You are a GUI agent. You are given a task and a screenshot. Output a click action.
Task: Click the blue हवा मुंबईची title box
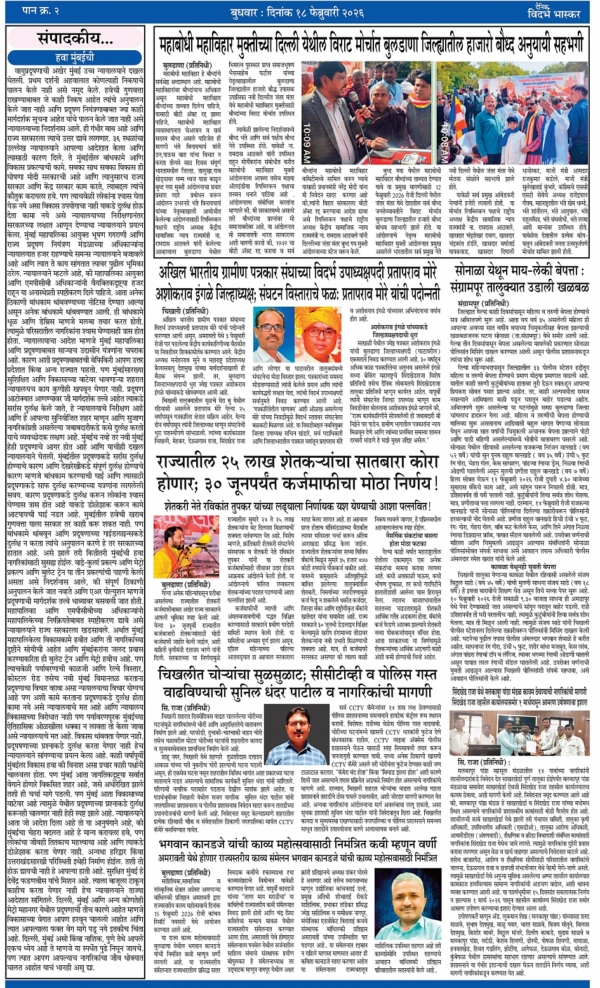click(x=74, y=58)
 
